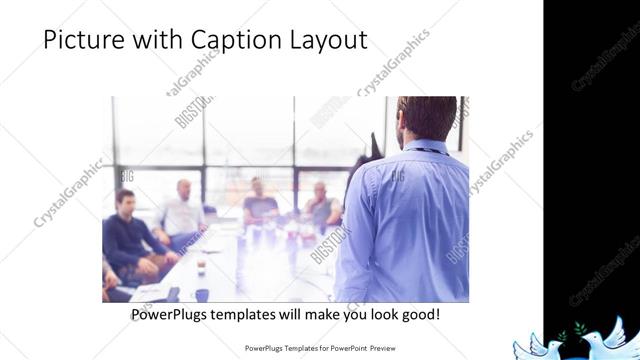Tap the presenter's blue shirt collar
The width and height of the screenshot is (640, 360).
pos(425,148)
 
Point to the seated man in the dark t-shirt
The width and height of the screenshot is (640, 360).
pos(260,204)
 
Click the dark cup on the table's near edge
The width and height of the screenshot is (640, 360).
pos(200,294)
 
